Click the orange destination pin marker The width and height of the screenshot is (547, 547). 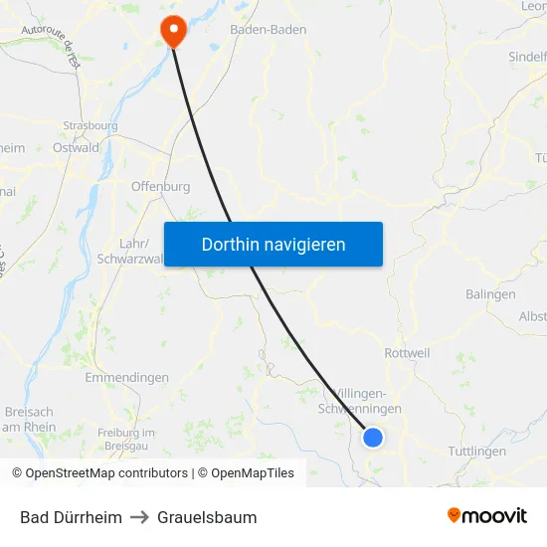point(174,30)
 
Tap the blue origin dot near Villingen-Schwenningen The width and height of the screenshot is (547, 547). point(373,437)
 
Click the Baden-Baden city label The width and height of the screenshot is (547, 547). point(268,30)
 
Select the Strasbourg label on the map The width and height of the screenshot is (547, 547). point(90,126)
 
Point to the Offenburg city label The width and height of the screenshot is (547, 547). point(160,186)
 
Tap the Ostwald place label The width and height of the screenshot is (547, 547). point(76,148)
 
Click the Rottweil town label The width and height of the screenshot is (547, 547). point(407,353)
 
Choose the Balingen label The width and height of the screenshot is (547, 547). point(490,294)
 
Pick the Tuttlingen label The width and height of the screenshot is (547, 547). point(477,452)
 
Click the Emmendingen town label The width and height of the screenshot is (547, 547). point(126,378)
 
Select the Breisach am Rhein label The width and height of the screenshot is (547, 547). point(29,420)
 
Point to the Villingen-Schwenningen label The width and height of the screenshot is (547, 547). point(359,401)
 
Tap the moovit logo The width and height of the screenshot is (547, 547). point(487,516)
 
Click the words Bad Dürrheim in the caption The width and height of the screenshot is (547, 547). point(71,517)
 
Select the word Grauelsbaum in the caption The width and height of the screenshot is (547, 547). point(207,517)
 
